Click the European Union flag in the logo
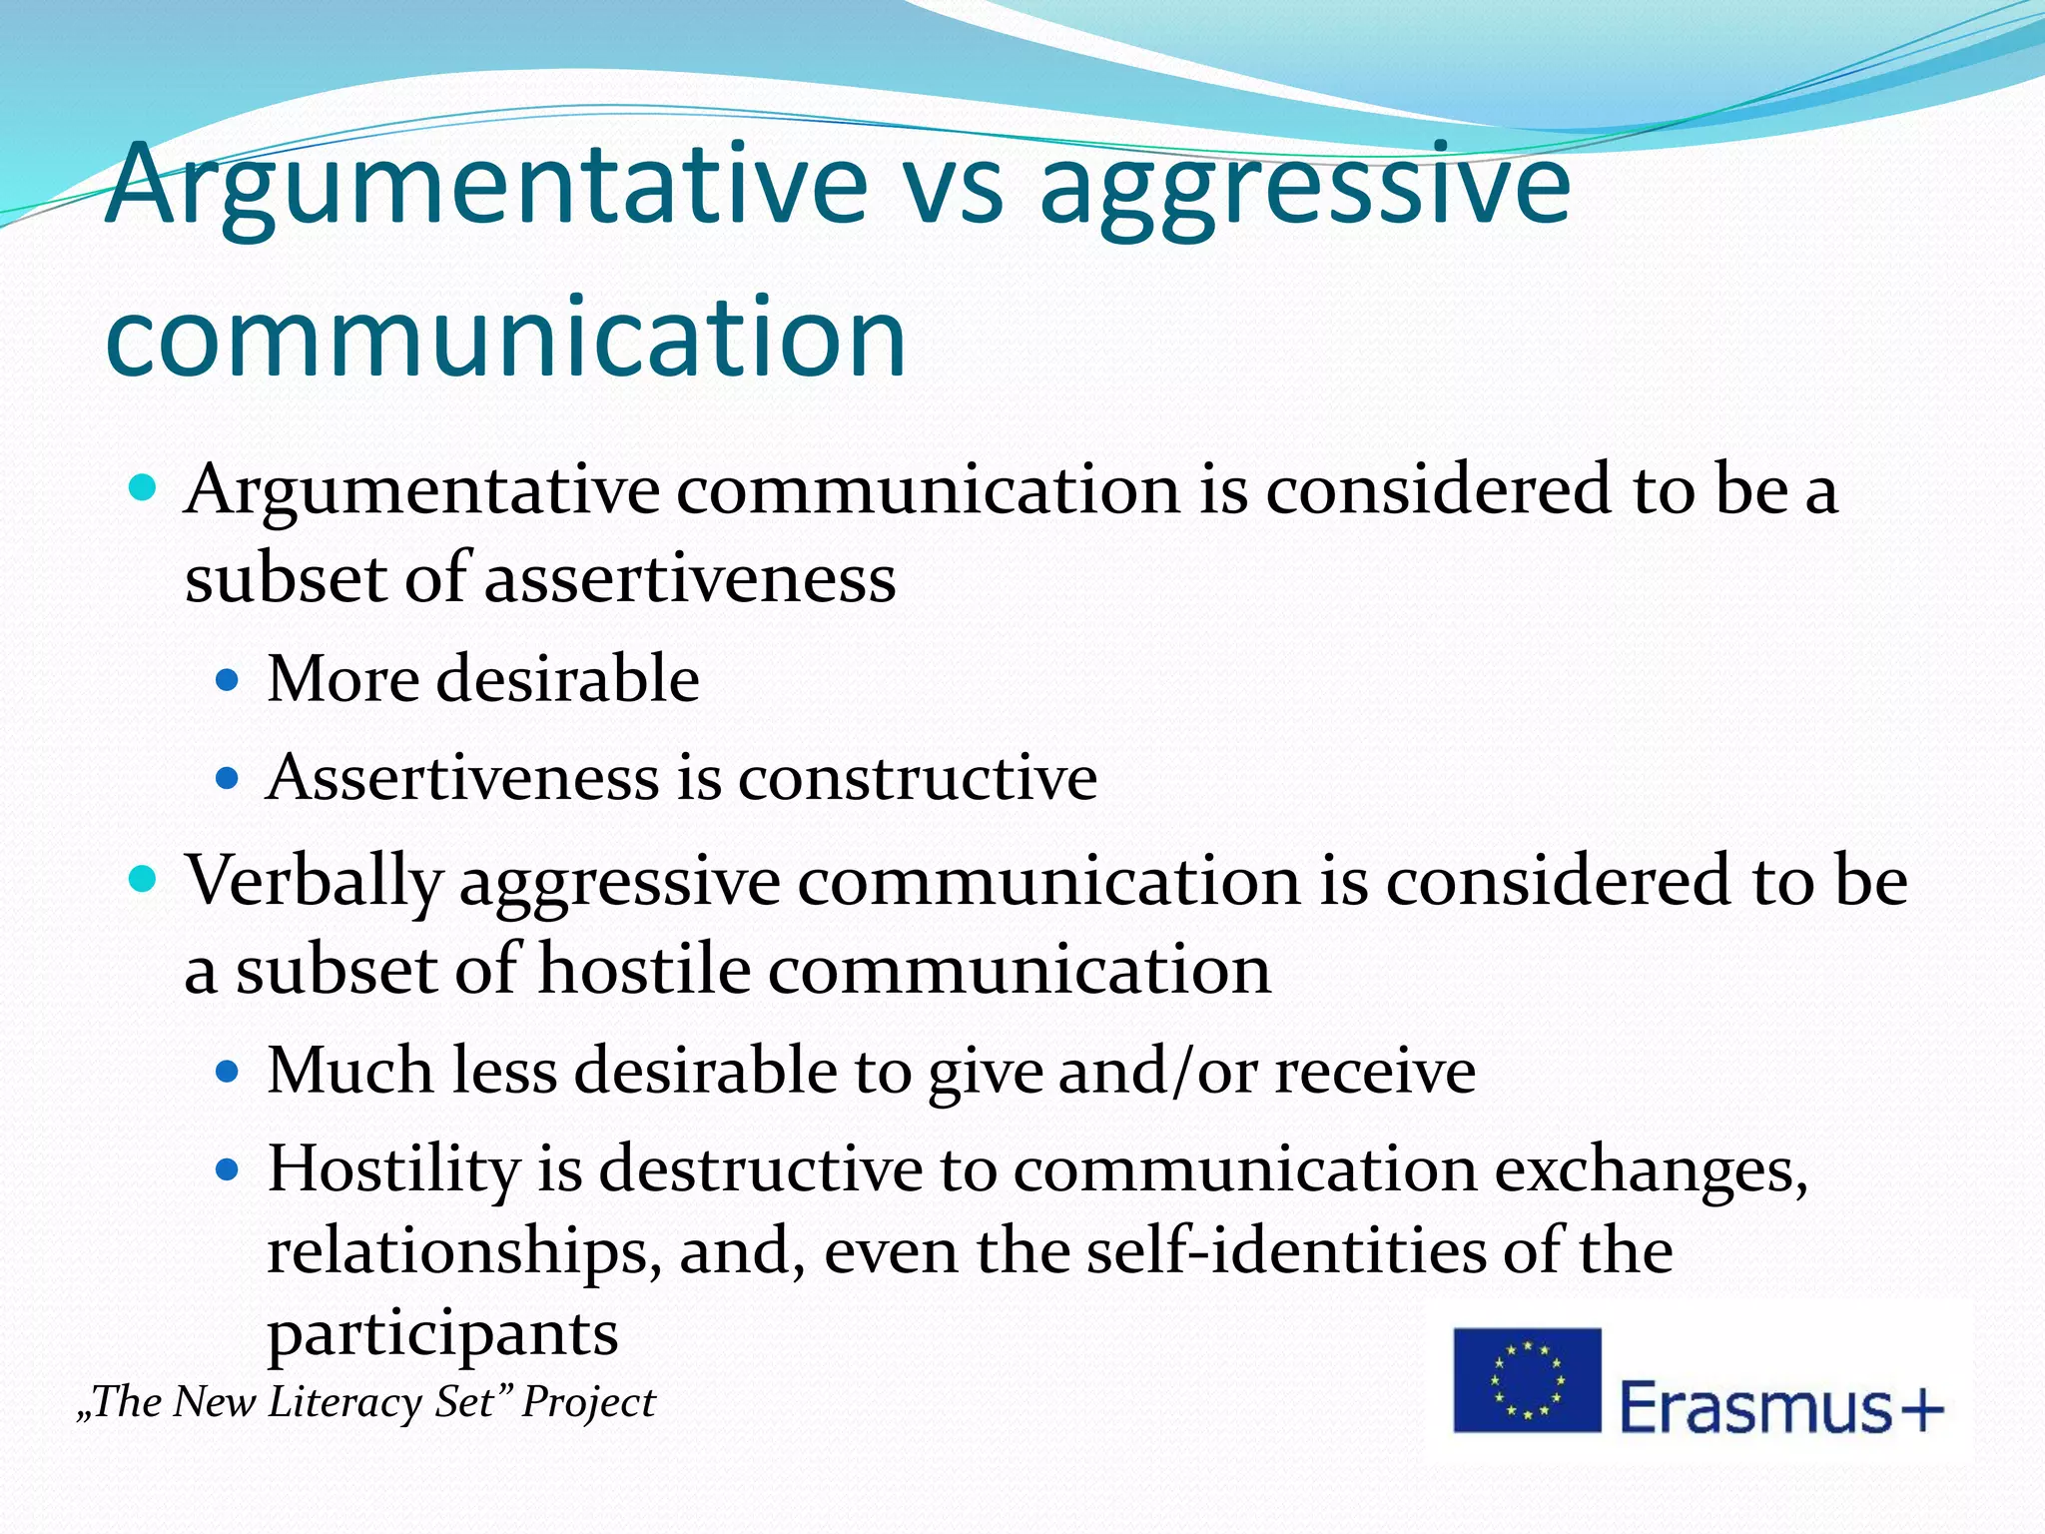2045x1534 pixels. [1527, 1380]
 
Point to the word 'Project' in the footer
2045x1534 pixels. [589, 1402]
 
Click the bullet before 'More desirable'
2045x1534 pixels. [229, 681]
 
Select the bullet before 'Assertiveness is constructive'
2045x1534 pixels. [229, 779]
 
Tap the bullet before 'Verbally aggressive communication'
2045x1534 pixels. [145, 879]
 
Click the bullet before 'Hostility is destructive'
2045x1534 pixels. [229, 1168]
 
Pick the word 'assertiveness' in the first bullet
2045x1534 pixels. [690, 578]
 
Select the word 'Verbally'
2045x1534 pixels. [314, 882]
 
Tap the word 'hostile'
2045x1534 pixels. [643, 970]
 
